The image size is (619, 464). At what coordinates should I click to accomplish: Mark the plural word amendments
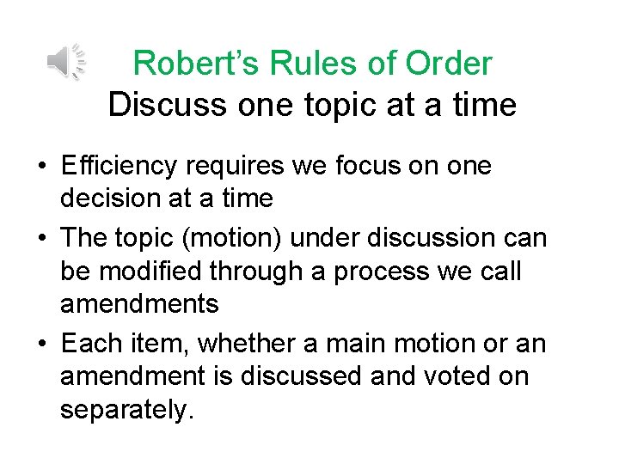139,304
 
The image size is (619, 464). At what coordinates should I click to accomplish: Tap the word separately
123,411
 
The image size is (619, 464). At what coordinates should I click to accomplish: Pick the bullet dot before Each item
41,345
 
